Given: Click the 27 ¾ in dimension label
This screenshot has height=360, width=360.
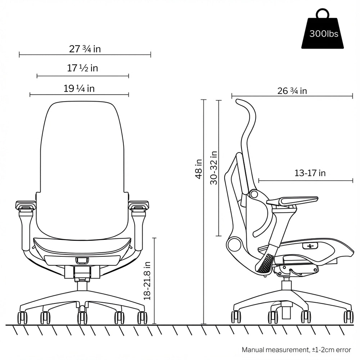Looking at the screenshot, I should (85, 49).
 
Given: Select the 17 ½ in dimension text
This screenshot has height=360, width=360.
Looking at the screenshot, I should (83, 68).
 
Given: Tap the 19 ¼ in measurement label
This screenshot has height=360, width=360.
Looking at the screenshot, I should (79, 88).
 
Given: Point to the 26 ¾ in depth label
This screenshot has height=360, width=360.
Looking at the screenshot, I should (292, 91).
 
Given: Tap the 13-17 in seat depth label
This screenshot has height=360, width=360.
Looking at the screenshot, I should (310, 173).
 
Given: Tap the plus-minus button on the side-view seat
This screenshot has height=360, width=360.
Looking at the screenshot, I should (311, 246).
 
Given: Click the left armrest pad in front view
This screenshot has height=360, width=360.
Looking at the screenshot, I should (26, 206).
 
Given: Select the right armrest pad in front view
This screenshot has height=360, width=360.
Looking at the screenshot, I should (138, 206).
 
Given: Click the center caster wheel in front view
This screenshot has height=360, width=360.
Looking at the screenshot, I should (82, 317).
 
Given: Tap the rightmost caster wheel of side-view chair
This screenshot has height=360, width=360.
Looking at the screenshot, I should (348, 316).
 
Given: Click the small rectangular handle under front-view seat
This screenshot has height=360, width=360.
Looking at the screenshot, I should (82, 260).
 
